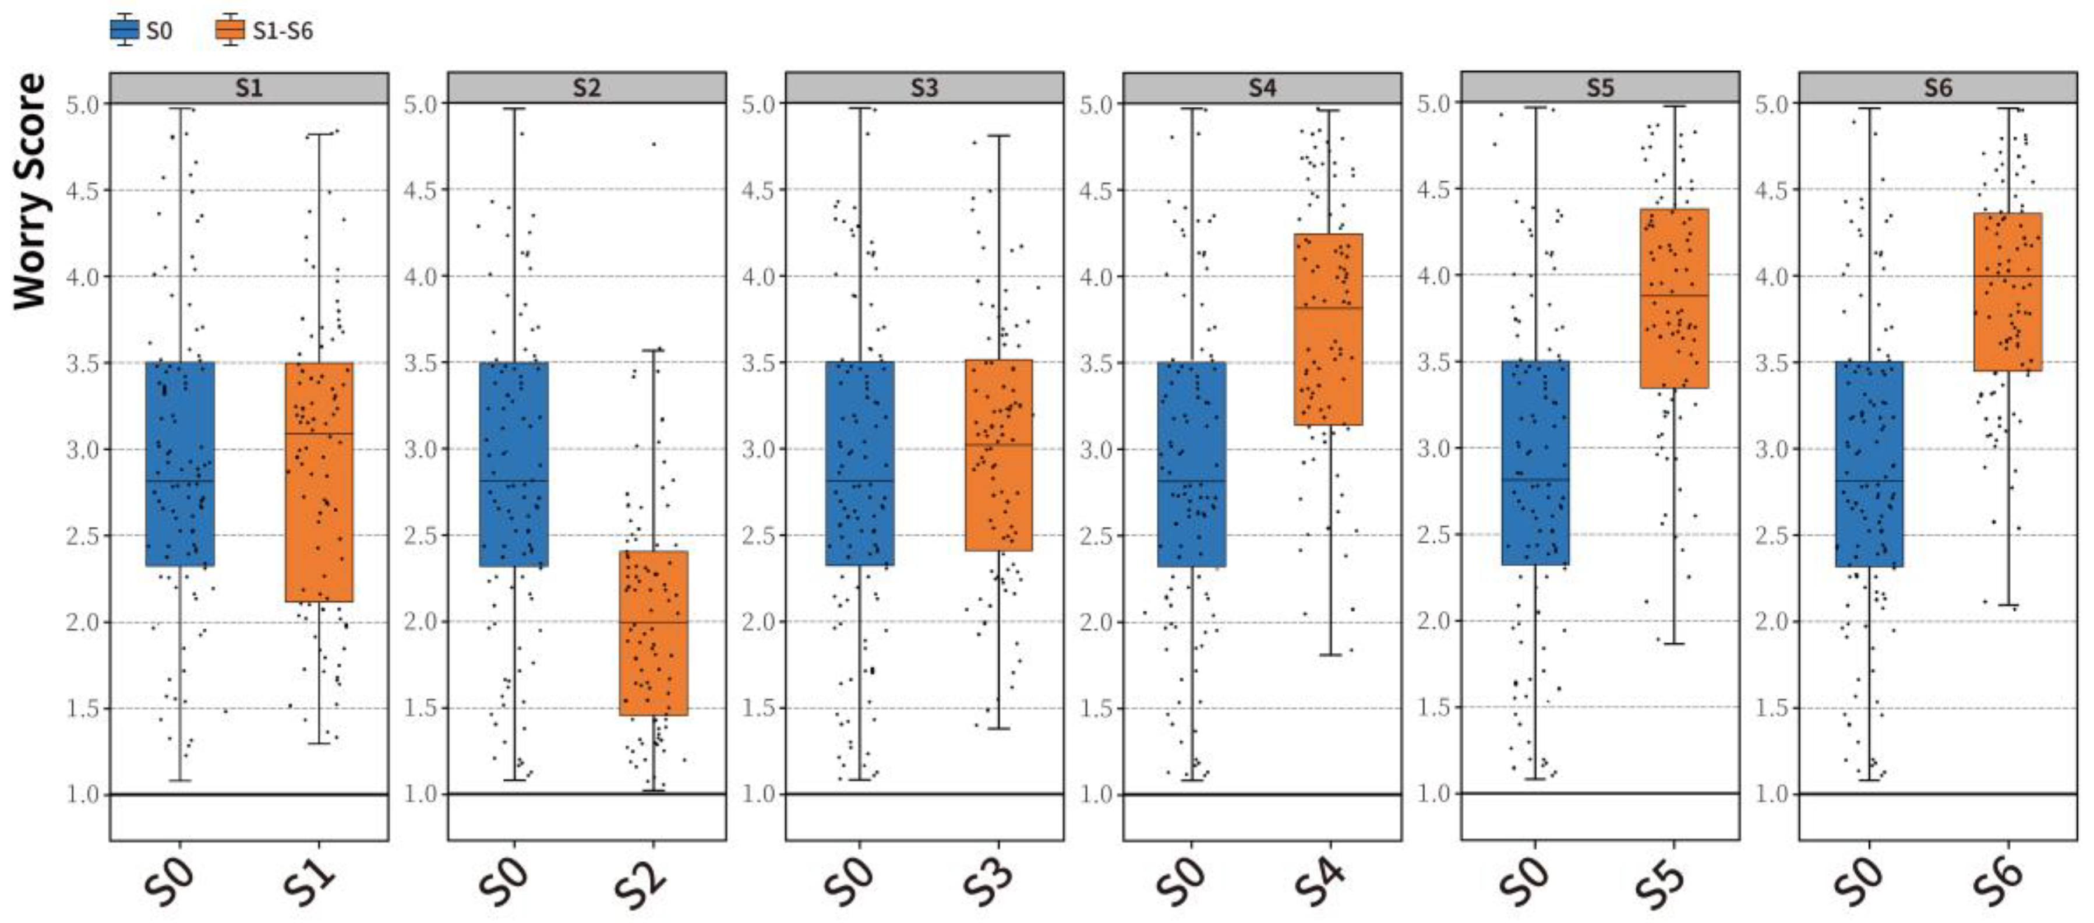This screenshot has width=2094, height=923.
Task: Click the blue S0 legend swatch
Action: point(125,30)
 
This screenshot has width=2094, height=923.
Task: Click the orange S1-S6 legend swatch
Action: point(230,30)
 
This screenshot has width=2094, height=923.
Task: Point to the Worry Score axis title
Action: point(30,191)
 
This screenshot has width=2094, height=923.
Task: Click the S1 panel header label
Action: point(249,88)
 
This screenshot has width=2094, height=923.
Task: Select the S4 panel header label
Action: point(1262,88)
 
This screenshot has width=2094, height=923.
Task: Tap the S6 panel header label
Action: point(1938,88)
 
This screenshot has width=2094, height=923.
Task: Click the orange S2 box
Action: point(654,633)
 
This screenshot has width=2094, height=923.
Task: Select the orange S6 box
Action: point(2008,292)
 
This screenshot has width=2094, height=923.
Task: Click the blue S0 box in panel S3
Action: point(860,463)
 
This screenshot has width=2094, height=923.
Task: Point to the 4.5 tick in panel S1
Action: point(82,191)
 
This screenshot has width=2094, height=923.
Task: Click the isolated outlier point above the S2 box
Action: point(654,144)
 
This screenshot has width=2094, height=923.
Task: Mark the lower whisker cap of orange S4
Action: point(1330,654)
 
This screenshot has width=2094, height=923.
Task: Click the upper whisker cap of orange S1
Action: point(319,134)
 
